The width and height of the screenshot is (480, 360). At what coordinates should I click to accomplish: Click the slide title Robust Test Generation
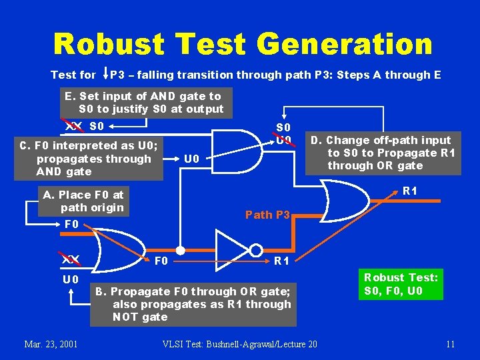coord(243,45)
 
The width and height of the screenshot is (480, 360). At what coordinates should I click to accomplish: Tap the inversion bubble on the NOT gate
coord(256,251)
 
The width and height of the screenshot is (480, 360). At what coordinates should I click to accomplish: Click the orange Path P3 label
coord(267,215)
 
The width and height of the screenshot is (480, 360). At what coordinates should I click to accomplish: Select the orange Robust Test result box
coord(400,283)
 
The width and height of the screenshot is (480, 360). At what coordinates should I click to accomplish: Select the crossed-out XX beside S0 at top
coord(73,125)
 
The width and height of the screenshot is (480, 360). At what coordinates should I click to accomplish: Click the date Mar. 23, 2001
coord(51,344)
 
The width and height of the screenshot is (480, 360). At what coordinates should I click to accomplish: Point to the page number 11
coord(450,344)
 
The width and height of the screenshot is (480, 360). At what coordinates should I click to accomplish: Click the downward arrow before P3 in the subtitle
coord(104,74)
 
